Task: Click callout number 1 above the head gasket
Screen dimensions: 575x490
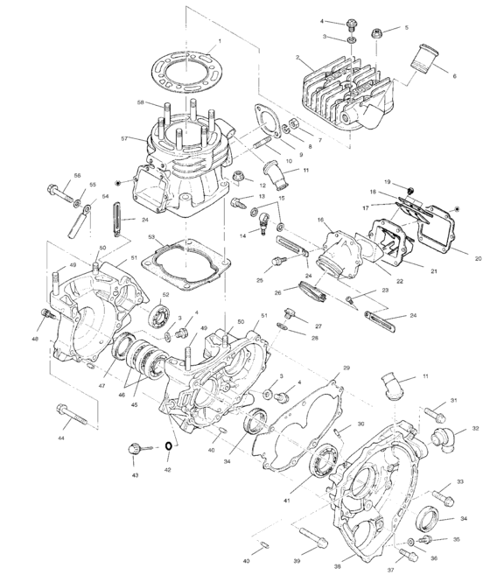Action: [x=220, y=41]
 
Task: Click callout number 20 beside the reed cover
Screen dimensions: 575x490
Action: [x=479, y=258]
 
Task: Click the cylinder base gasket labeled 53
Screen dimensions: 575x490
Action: [x=187, y=260]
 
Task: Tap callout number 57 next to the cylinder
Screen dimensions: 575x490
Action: [x=125, y=139]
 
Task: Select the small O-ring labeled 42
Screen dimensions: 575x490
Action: [x=166, y=448]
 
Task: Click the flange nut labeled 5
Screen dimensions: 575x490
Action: [x=377, y=35]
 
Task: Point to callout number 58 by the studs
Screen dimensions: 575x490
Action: [x=140, y=103]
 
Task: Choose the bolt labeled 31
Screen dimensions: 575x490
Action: [x=436, y=411]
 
